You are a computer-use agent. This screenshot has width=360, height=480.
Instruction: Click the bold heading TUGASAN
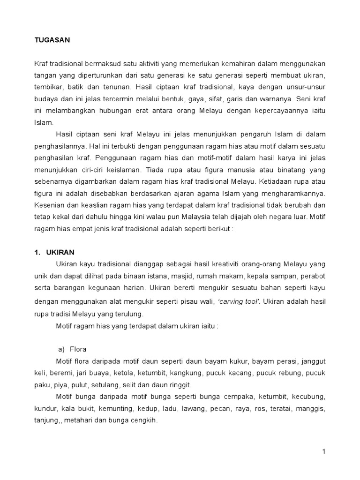(x=52, y=40)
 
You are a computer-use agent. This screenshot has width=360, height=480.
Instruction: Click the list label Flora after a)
(x=79, y=349)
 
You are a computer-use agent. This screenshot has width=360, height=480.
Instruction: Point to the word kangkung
(x=187, y=373)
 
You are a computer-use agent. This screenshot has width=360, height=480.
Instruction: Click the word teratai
(x=279, y=409)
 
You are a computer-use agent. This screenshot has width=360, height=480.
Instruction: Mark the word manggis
(x=311, y=409)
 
